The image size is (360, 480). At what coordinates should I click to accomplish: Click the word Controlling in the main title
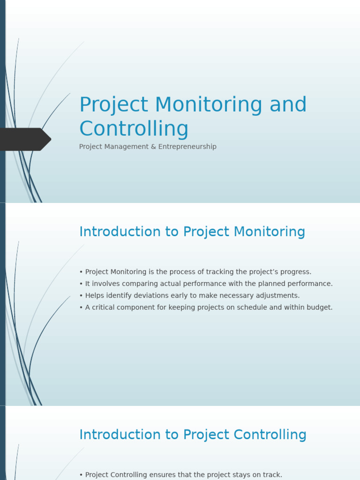pos(134,129)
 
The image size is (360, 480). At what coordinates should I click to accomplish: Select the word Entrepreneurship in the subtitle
pos(187,147)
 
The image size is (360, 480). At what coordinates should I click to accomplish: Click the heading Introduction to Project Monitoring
pos(192,232)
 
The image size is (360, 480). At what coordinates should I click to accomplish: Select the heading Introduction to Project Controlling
pos(193,435)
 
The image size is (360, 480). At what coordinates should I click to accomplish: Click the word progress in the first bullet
pos(295,272)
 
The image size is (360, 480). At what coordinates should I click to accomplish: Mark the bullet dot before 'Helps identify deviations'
pos(81,296)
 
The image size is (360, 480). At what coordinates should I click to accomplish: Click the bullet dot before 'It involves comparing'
pos(81,284)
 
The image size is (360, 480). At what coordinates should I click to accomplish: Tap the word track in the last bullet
pos(273,475)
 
